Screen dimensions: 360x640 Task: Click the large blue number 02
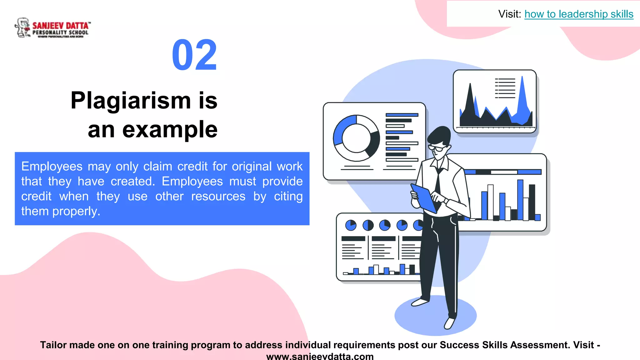[194, 55]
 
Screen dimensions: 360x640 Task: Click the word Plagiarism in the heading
[130, 101]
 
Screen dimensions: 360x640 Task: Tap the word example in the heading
[170, 129]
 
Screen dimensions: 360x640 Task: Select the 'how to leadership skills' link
[578, 14]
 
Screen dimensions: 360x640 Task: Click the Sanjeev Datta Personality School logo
[52, 28]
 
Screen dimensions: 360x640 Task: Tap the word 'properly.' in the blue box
[76, 211]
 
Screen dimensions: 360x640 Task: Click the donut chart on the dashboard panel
[356, 138]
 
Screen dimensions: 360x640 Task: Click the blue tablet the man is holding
[423, 198]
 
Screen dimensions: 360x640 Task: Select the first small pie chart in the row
[351, 225]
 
